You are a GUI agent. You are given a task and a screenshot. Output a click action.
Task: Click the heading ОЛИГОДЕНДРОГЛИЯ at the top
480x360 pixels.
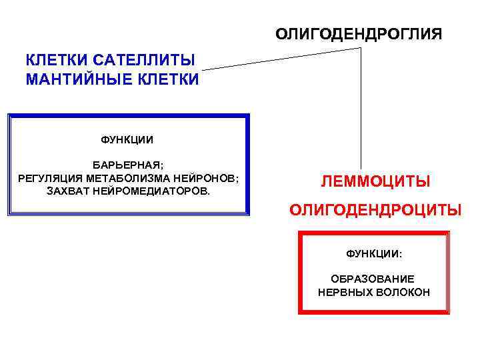(x=358, y=33)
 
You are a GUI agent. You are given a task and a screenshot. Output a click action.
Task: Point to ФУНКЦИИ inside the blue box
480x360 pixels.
(x=127, y=140)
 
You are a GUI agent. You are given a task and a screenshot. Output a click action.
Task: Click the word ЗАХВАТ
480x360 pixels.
(x=65, y=191)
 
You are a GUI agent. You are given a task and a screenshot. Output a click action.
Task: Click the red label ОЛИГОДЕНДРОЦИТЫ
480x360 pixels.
(x=375, y=211)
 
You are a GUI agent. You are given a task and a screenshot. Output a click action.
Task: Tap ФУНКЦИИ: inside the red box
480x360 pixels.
(x=374, y=254)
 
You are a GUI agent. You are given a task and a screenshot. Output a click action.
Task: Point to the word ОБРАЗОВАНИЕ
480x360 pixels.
(x=373, y=279)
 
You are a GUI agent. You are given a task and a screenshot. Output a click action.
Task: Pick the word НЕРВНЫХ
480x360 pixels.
(x=343, y=292)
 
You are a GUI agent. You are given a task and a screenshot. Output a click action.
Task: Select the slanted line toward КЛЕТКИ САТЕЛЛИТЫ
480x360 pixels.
(x=280, y=59)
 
